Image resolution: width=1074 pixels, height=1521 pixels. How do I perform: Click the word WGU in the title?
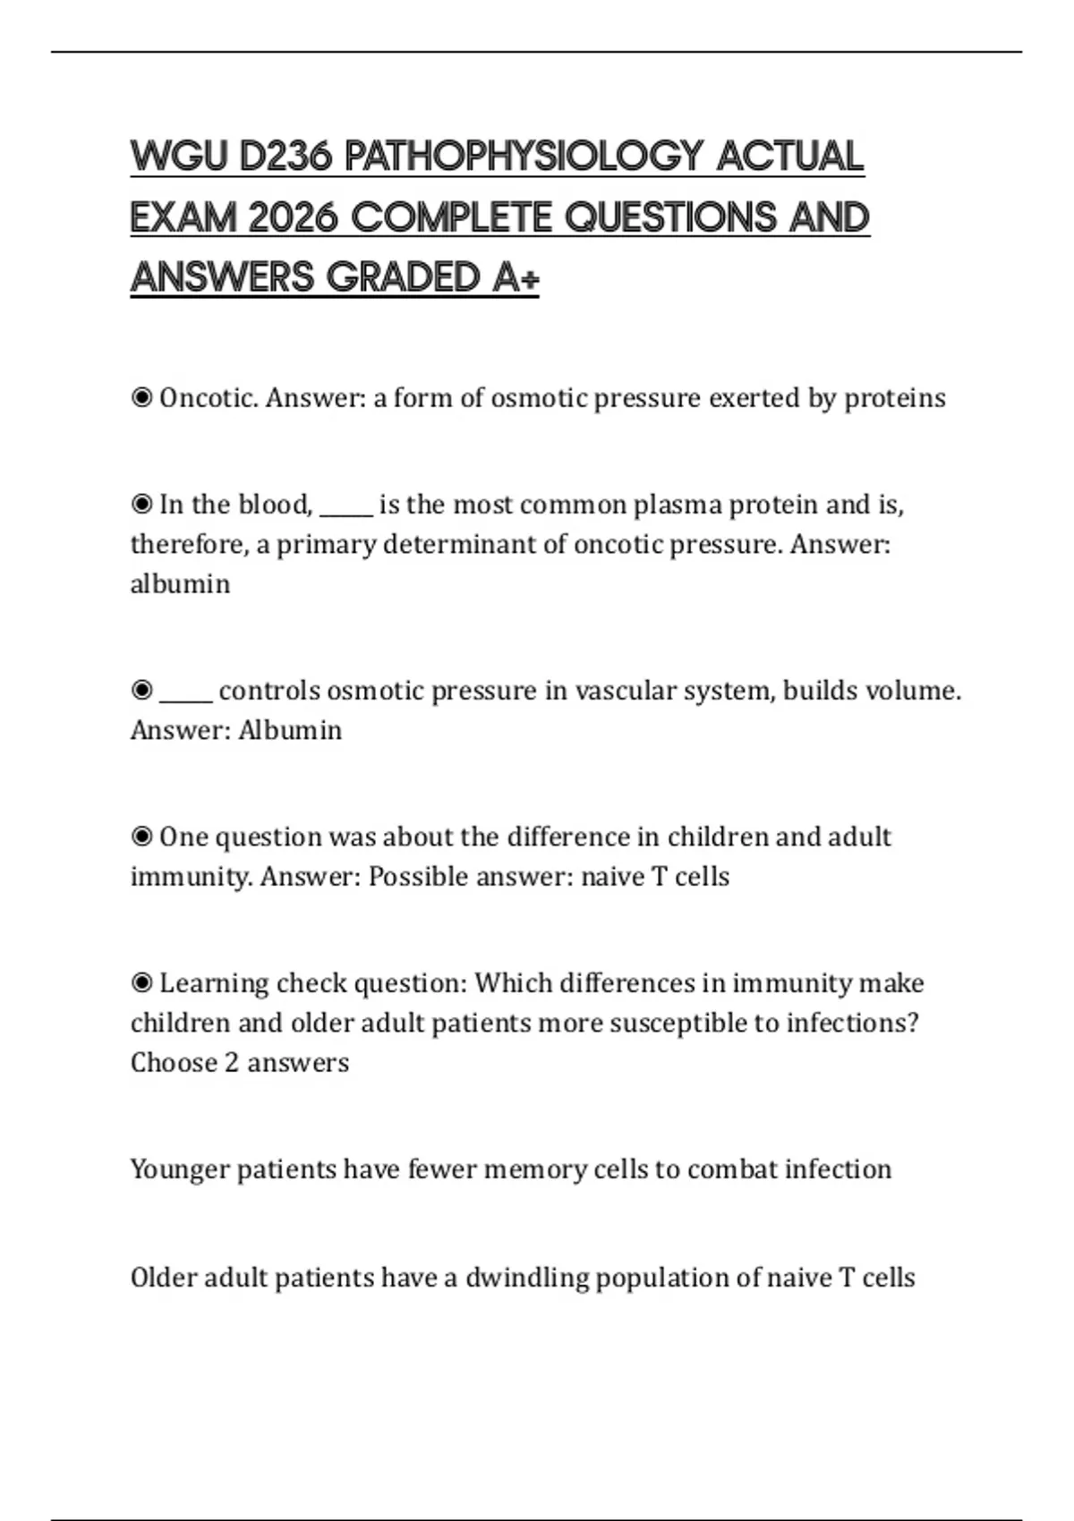point(180,157)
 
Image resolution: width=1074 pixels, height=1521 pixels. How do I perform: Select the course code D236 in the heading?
point(286,157)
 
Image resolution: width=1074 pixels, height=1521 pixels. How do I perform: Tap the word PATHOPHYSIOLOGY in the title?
point(524,157)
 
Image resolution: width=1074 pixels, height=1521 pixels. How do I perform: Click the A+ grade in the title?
point(516,277)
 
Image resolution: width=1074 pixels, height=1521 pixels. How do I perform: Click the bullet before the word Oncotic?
point(141,397)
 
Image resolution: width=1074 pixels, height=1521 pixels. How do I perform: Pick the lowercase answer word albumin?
point(180,584)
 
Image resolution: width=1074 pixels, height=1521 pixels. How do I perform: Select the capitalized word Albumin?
point(290,730)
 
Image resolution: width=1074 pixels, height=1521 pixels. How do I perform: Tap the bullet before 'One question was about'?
point(141,837)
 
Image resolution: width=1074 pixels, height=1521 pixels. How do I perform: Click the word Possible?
point(419,877)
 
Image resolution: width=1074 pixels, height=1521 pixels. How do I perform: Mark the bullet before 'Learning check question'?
point(141,983)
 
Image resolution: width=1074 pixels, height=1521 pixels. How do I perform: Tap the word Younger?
point(180,1170)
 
